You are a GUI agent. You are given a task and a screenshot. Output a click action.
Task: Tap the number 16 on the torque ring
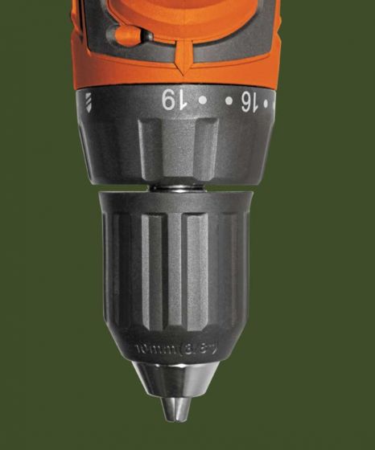coord(249,101)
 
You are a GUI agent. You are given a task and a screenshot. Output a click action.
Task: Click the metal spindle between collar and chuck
coord(172,186)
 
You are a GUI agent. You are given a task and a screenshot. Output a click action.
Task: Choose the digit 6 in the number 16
coord(244,101)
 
